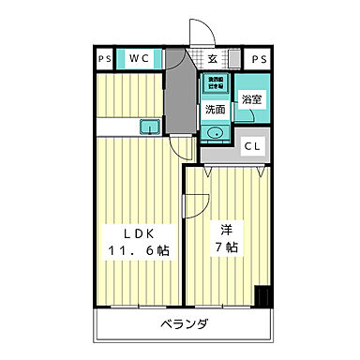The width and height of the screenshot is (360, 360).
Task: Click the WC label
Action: (x=140, y=59)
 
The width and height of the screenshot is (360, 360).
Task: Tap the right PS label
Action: (x=259, y=59)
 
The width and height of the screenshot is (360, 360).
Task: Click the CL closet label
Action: (x=253, y=146)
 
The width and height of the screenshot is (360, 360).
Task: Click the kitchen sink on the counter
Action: (x=149, y=126)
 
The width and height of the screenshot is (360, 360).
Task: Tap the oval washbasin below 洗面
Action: (x=217, y=132)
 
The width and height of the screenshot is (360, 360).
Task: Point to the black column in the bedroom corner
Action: (x=264, y=296)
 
